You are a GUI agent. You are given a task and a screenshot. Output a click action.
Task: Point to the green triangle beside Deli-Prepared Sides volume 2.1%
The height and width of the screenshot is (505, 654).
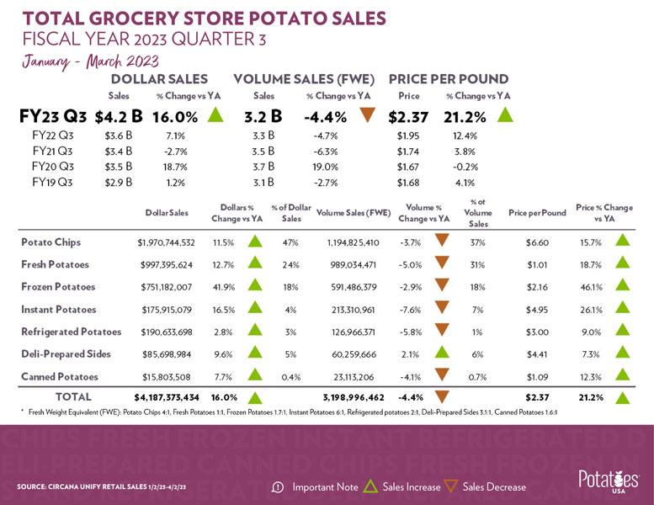tap(439, 353)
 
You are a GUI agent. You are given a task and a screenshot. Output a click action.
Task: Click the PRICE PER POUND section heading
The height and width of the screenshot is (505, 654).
tap(448, 79)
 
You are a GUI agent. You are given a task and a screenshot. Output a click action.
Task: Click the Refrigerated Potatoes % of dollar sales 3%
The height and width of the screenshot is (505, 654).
tap(285, 331)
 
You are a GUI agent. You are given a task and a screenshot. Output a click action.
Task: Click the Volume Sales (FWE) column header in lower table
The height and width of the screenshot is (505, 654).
tap(354, 214)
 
